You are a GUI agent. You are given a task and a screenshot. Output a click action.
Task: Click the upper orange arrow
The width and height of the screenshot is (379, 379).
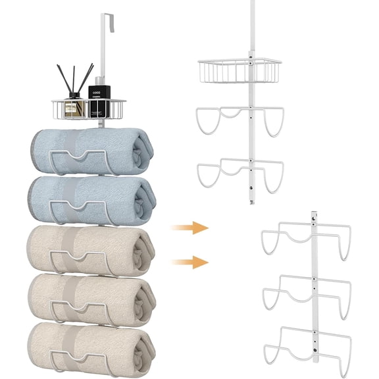tap(190, 228)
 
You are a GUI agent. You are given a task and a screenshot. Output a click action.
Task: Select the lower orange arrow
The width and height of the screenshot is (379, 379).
tap(190, 262)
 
